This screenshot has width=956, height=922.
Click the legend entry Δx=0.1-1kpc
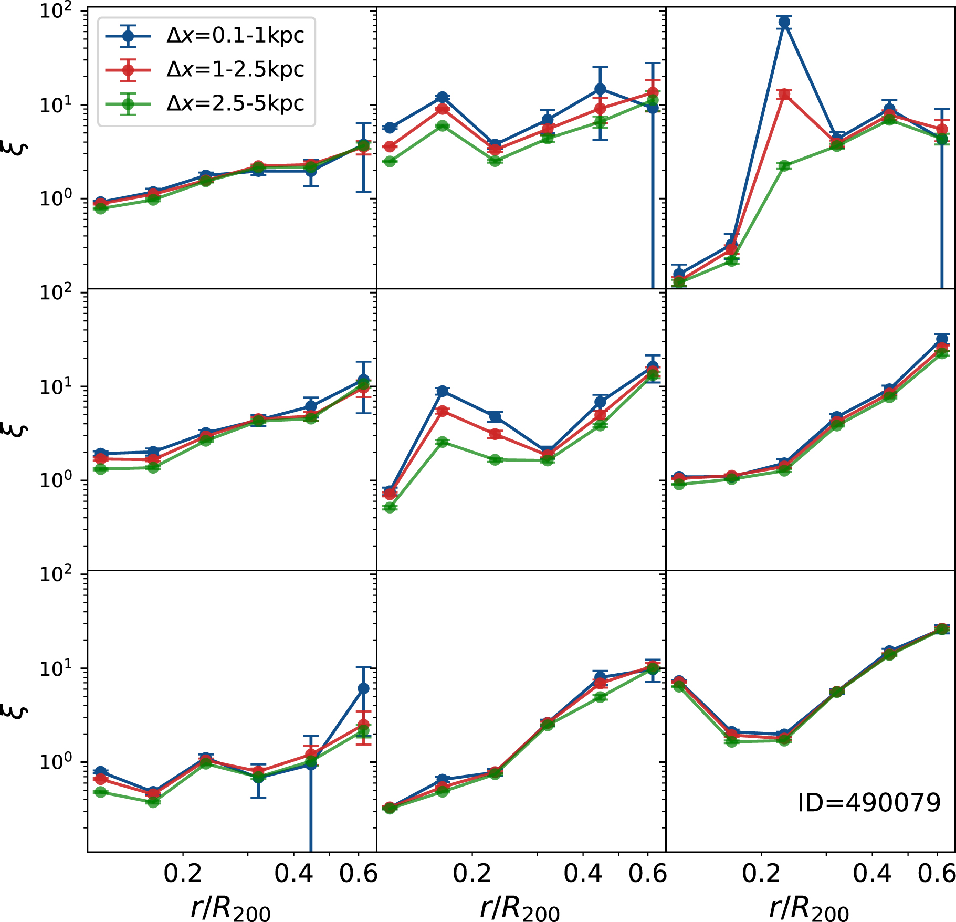(235, 36)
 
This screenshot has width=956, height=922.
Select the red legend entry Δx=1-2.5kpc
(235, 69)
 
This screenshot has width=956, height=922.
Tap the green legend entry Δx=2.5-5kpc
(235, 103)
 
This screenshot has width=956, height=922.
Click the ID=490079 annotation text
(869, 803)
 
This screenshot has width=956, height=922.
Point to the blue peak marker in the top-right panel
(784, 22)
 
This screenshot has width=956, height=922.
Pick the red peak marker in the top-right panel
(784, 95)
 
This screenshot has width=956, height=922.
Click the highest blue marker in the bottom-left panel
(363, 688)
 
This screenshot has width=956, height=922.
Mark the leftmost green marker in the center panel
(390, 507)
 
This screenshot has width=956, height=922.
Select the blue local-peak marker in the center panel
(443, 391)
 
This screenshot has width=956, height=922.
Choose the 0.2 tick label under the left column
(183, 874)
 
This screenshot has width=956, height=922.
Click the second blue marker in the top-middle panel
(443, 97)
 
